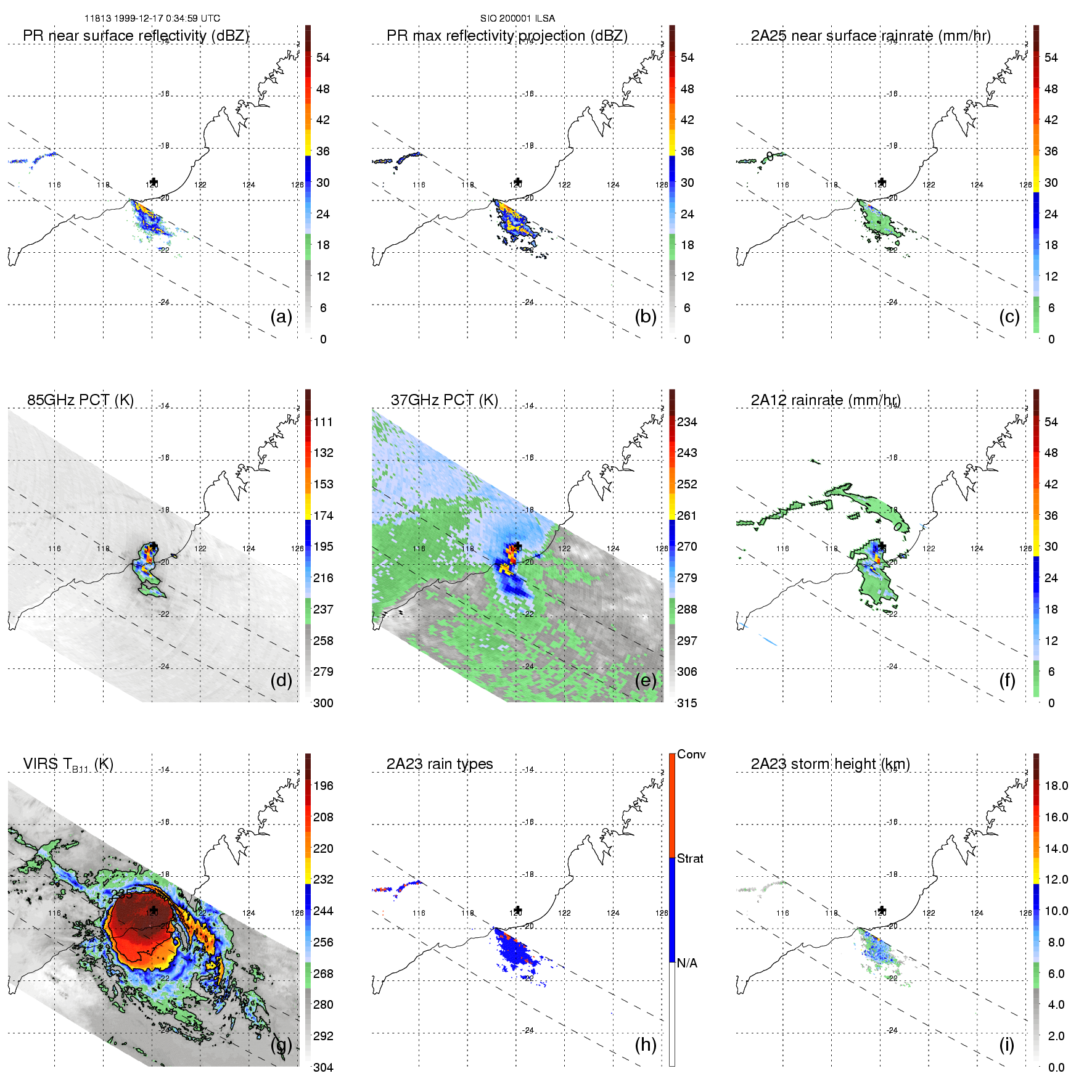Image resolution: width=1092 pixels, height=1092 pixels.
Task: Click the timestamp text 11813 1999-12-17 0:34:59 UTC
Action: [x=152, y=18]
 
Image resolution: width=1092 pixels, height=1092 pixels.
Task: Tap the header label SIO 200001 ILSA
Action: [x=517, y=18]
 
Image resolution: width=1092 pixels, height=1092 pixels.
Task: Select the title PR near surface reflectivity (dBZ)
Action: [x=136, y=36]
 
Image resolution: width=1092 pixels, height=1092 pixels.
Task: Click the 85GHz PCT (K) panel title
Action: [x=80, y=400]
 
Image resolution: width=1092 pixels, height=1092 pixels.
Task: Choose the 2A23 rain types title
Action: [x=440, y=764]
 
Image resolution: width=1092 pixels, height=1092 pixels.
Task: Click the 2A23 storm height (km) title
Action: [x=830, y=764]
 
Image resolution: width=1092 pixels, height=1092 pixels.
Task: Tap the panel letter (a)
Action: [x=281, y=316]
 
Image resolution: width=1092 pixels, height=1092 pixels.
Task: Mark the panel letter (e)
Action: [x=646, y=680]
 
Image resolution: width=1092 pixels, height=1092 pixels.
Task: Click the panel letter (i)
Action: [x=1006, y=1045]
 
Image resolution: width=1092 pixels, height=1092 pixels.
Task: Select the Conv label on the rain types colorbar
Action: [x=691, y=754]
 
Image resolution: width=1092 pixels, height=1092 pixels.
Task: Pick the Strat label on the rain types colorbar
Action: [x=690, y=858]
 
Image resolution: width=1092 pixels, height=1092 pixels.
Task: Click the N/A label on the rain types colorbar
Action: [x=688, y=963]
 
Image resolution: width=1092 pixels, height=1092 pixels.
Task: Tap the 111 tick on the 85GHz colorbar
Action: [x=323, y=422]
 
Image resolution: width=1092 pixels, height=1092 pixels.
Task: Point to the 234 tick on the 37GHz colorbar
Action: [x=687, y=422]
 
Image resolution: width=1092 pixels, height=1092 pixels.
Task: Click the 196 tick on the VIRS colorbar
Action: [x=323, y=786]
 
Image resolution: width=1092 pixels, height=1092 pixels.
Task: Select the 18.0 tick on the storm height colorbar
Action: [x=1056, y=786]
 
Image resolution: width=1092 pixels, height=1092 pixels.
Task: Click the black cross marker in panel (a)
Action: [x=154, y=182]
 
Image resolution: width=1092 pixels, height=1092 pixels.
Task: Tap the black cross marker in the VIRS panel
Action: [x=154, y=910]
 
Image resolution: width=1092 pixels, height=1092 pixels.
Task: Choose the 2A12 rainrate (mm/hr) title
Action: [x=826, y=400]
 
